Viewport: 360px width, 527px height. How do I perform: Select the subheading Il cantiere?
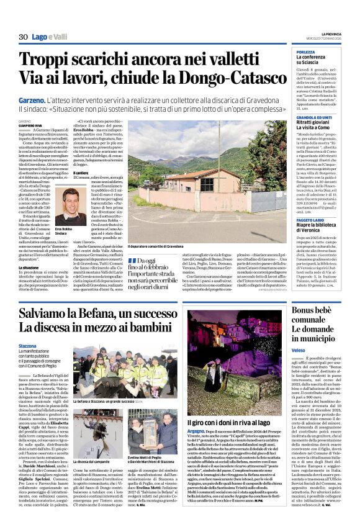coord(81,173)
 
